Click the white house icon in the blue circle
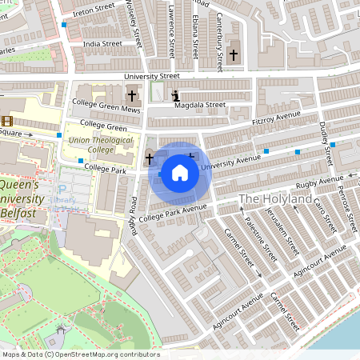(180, 172)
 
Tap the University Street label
(152, 76)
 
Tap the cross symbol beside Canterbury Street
(233, 55)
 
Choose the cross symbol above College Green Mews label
(131, 95)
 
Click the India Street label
(102, 44)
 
